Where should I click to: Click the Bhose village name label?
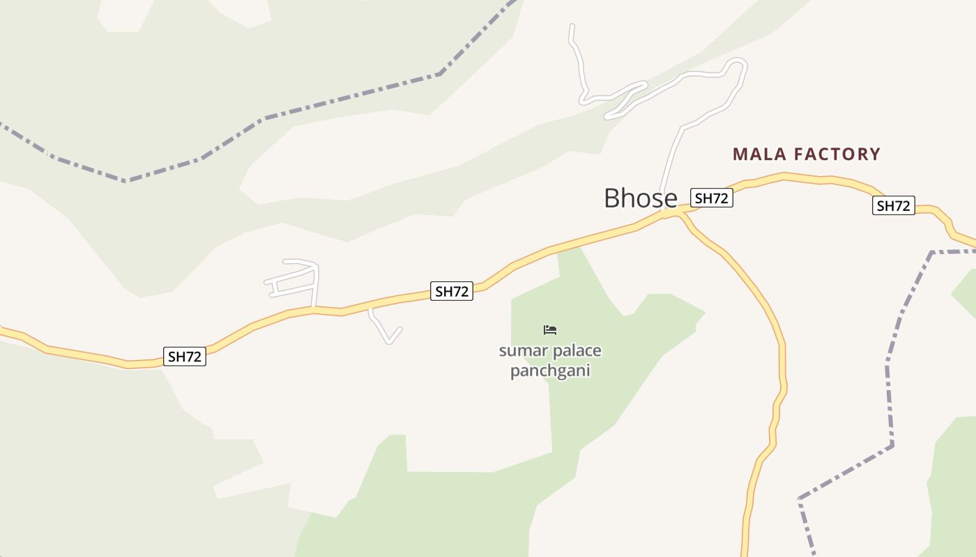click(x=640, y=198)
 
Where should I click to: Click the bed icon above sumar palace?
click(x=550, y=329)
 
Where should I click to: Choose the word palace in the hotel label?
click(x=576, y=351)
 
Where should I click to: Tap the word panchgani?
click(x=550, y=370)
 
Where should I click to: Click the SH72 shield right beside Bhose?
click(x=712, y=198)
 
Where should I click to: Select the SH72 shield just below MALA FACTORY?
click(x=893, y=206)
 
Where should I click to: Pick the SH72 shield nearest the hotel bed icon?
click(x=452, y=292)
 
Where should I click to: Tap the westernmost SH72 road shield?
click(x=185, y=357)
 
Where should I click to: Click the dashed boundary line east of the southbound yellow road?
click(x=890, y=390)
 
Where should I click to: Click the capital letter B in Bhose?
click(x=613, y=198)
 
